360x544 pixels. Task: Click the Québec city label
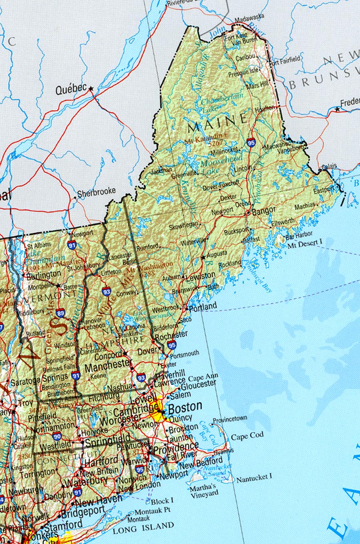(71, 89)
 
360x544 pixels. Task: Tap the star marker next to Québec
(91, 88)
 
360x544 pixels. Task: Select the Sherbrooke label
(96, 193)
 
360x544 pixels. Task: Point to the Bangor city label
(264, 211)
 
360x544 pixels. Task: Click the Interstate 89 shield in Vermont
(60, 313)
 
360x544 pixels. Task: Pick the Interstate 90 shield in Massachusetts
(57, 437)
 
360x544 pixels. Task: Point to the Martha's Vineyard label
(204, 491)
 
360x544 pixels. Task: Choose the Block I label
(162, 500)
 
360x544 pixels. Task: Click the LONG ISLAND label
(143, 528)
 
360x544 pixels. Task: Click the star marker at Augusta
(203, 257)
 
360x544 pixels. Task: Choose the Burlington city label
(44, 275)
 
